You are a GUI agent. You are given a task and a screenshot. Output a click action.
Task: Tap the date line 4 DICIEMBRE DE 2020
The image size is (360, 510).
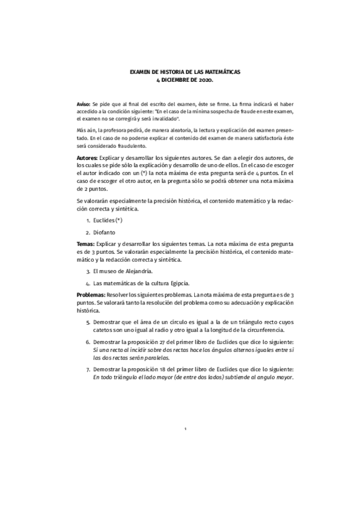pyautogui.click(x=185, y=79)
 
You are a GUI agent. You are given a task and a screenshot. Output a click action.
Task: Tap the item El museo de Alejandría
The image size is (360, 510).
pyautogui.click(x=124, y=271)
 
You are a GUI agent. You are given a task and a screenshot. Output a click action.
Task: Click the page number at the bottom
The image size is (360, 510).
pyautogui.click(x=186, y=429)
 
